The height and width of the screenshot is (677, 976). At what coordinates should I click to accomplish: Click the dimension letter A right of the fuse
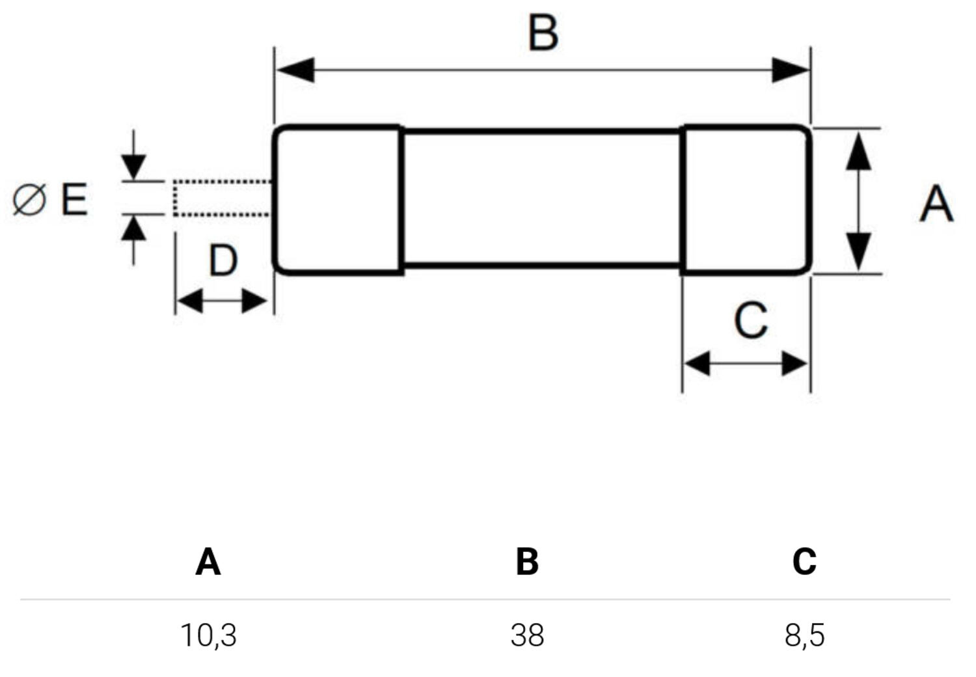point(936,204)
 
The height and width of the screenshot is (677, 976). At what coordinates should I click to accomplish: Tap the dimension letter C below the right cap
point(751,320)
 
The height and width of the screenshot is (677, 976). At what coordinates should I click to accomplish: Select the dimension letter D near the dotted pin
point(223,261)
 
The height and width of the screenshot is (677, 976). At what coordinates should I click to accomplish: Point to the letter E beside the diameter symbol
point(74,199)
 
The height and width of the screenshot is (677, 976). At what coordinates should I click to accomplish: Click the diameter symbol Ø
point(29,199)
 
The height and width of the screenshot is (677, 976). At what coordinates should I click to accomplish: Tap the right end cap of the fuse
point(746,200)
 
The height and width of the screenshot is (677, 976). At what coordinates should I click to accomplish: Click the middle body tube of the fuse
point(542,199)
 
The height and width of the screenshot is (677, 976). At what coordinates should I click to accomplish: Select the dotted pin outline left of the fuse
point(221,198)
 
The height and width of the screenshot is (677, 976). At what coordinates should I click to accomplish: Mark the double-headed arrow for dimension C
point(746,364)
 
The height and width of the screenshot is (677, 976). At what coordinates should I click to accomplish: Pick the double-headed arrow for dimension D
point(222,301)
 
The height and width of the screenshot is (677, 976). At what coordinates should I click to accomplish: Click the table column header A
point(208,561)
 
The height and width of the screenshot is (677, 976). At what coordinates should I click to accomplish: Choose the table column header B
point(527,561)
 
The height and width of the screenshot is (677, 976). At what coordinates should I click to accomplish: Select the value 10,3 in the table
point(208,635)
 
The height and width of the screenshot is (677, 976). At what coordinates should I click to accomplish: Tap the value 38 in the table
point(527,635)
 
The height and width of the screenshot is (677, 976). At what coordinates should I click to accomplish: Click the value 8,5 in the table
point(804,635)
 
